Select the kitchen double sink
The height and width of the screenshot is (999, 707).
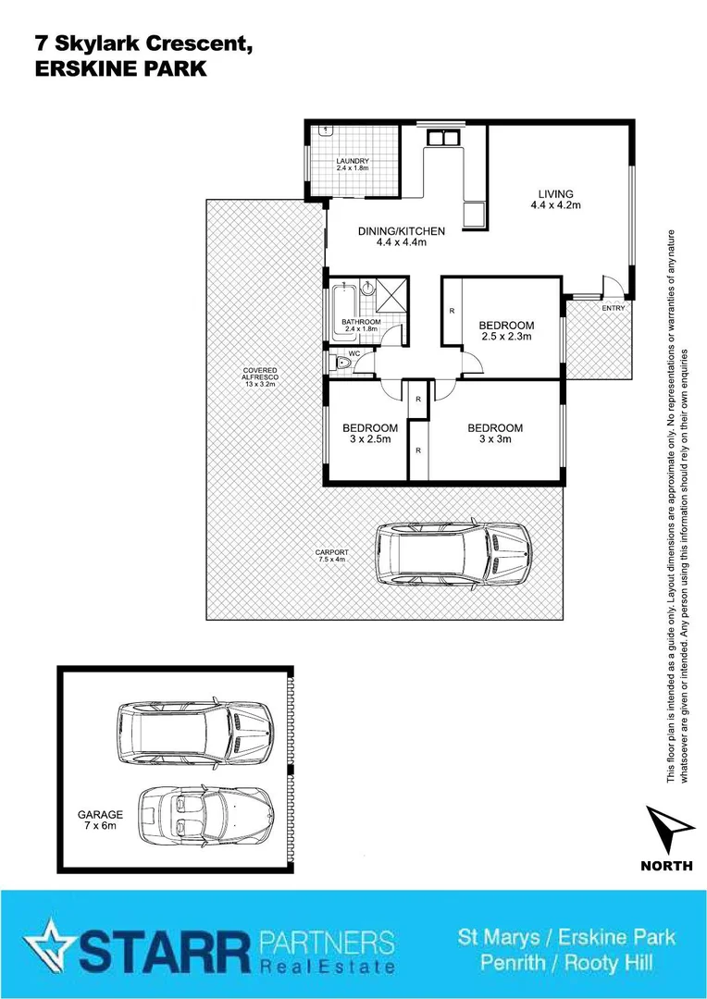443,138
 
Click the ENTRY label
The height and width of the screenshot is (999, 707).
612,307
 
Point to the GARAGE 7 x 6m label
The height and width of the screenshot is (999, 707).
97,820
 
